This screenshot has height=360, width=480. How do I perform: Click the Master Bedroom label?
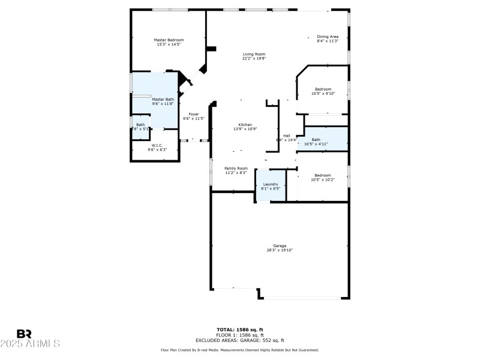click(169, 40)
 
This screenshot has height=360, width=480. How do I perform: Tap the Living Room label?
click(254, 54)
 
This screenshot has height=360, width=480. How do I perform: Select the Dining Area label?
click(328, 37)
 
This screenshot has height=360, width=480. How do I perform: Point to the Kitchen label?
click(245, 125)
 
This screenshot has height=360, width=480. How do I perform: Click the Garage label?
click(280, 245)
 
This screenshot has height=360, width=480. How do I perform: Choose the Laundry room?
click(271, 186)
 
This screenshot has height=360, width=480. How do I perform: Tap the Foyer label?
click(194, 114)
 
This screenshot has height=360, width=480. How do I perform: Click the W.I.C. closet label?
click(157, 145)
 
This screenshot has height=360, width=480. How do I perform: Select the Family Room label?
click(236, 169)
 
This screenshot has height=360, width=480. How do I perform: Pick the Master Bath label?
click(163, 99)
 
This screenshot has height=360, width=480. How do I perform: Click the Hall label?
click(287, 136)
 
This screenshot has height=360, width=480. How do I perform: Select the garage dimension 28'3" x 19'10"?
click(280, 250)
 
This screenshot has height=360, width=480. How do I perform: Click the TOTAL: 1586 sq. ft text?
click(240, 329)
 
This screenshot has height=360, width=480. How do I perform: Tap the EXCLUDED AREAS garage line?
click(240, 340)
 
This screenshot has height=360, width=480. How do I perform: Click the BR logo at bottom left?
click(24, 334)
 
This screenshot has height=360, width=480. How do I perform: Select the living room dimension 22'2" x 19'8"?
click(254, 58)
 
